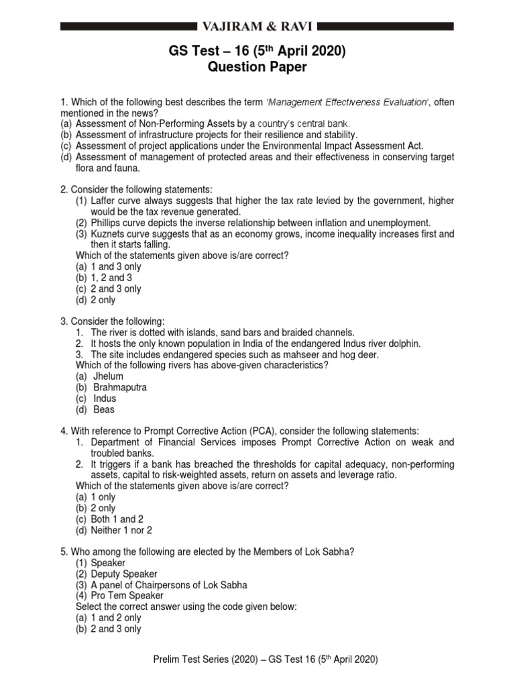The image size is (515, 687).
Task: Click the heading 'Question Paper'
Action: (x=257, y=68)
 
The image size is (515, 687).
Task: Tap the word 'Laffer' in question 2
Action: (x=105, y=201)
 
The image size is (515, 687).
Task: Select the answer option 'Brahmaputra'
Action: (x=119, y=387)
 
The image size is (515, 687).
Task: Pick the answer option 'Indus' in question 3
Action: (x=105, y=399)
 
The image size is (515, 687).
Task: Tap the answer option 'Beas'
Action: (x=104, y=409)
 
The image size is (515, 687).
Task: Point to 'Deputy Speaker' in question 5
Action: (x=124, y=574)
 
